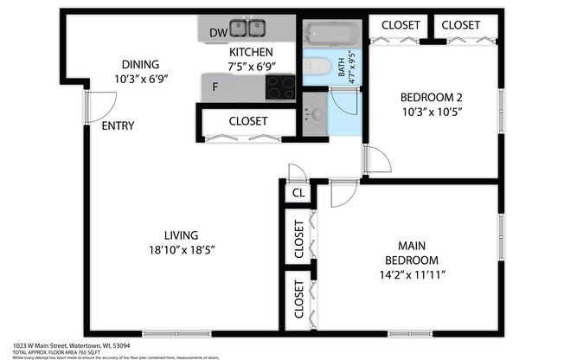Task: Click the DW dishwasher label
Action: coord(219,33)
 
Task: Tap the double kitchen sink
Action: coord(248,29)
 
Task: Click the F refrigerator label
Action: coord(215,87)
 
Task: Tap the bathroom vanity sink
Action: coord(316,114)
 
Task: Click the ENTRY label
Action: coord(118,125)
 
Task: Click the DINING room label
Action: coord(141,63)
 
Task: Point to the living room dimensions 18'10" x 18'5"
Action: coord(182,249)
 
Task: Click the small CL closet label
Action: coord(298,194)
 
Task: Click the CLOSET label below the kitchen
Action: coord(248,121)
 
